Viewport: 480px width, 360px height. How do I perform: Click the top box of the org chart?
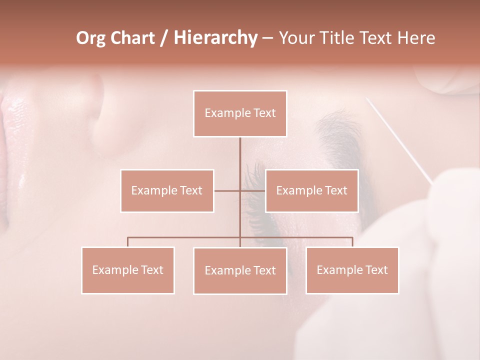(x=240, y=113)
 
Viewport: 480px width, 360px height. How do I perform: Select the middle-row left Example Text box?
(x=167, y=190)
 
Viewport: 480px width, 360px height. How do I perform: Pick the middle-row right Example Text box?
(x=311, y=190)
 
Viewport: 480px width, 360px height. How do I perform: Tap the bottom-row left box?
(x=128, y=270)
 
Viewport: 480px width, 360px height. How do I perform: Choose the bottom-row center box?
(x=240, y=270)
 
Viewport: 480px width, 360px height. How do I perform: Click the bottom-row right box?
(x=352, y=270)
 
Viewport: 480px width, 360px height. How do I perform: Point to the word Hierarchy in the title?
(x=215, y=38)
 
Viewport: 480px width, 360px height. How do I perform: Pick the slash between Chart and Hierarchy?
(x=164, y=38)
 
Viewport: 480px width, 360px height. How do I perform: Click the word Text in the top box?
(x=264, y=113)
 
